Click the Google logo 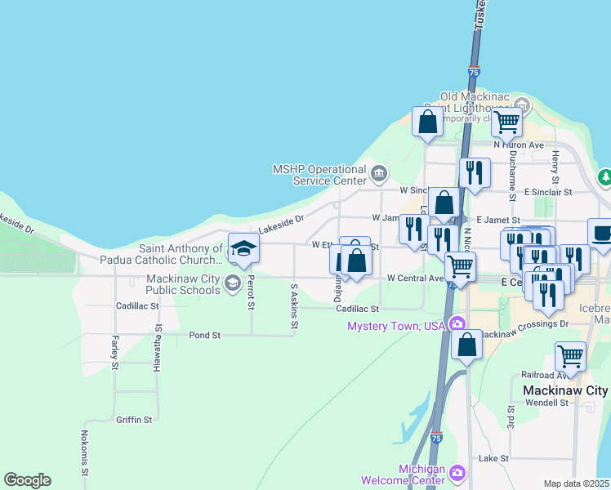point(27,480)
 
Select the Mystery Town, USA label point(395,326)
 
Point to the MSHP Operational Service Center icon point(379,173)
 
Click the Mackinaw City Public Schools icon point(232,283)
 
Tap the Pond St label point(204,335)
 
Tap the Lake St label point(493,459)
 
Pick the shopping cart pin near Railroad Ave point(569,355)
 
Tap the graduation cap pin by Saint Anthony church point(243,247)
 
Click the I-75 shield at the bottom point(437,438)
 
